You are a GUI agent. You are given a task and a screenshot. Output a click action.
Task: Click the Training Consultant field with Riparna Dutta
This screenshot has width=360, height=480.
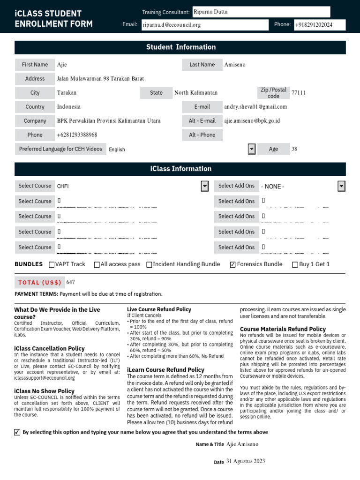tap(261, 12)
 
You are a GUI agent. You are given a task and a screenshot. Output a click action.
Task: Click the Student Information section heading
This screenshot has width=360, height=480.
tap(180, 47)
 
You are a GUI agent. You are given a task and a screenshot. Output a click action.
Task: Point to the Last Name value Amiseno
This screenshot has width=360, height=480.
tap(235, 65)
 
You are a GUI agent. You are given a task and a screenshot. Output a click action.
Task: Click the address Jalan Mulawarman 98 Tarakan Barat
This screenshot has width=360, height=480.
tap(100, 79)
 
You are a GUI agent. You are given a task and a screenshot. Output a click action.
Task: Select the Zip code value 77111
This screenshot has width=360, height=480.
tap(298, 93)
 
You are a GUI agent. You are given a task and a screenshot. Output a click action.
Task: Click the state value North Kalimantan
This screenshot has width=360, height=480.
tap(196, 93)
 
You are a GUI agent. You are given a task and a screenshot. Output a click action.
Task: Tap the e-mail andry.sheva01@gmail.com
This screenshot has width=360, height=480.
tap(255, 107)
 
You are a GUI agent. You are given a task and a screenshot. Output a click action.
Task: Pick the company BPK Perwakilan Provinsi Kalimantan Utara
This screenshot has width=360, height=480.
tap(109, 121)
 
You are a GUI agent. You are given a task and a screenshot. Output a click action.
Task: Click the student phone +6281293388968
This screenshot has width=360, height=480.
tap(77, 135)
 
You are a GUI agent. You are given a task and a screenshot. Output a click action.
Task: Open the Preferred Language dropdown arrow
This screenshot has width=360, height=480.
tap(252, 149)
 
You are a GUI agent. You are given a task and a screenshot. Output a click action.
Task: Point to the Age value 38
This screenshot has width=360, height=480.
tap(294, 149)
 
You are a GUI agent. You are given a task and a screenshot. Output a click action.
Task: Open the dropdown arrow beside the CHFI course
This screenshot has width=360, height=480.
tap(205, 186)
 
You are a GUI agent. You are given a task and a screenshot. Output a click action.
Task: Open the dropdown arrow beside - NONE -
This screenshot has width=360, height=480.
tap(341, 186)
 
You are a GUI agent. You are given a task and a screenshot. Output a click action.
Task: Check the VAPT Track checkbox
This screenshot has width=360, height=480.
tap(52, 264)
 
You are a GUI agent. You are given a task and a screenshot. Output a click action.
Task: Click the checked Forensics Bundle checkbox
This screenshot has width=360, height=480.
tap(232, 264)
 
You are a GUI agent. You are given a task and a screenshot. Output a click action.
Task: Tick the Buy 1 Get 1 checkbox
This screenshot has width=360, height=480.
tap(295, 264)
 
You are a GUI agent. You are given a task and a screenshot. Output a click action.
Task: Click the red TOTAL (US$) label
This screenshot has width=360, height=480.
tap(40, 282)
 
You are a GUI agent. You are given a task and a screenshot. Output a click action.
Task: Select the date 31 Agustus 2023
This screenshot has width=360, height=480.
tap(246, 461)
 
